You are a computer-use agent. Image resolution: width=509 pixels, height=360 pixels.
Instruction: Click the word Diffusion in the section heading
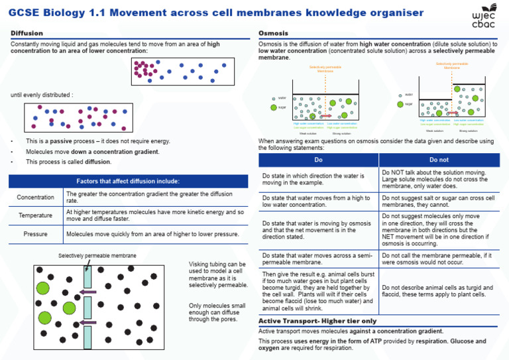tap(27, 33)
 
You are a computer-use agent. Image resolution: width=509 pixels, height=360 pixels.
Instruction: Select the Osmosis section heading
tap(272, 33)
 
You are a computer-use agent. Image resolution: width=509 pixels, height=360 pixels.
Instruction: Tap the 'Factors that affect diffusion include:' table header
tap(127, 181)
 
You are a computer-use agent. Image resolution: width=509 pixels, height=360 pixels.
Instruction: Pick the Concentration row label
tap(36, 198)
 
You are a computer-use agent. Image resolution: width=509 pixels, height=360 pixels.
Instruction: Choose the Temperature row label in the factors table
tap(36, 215)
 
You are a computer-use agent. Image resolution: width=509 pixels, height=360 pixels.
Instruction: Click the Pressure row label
tap(36, 234)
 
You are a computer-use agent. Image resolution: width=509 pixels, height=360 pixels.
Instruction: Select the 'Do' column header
tap(318, 160)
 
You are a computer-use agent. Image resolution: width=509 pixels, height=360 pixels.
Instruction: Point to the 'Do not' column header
tap(439, 160)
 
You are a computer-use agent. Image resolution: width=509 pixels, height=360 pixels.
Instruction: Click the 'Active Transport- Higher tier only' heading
tap(317, 321)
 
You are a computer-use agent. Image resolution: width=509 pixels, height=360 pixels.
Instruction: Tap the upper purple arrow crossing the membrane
tap(87, 291)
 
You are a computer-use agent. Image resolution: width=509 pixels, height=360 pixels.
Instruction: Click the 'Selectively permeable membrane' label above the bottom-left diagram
tap(97, 255)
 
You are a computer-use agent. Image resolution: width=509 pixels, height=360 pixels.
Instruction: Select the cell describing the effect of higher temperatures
tap(154, 215)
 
